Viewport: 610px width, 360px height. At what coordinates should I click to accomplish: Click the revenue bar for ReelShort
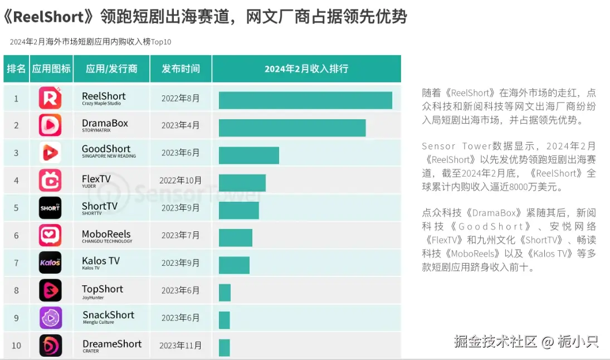[305, 100]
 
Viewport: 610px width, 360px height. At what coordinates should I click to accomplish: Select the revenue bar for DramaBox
[292, 128]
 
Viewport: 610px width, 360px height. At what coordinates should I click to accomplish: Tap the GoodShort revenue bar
[248, 155]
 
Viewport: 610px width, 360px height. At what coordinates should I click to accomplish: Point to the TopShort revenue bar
[225, 293]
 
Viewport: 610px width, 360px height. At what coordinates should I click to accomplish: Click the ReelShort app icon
[50, 99]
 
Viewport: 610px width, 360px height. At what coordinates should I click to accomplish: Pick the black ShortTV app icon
[50, 208]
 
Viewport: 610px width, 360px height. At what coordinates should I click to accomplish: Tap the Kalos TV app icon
[50, 262]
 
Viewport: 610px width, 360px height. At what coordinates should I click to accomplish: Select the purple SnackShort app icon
[50, 318]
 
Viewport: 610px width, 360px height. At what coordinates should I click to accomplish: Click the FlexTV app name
[96, 179]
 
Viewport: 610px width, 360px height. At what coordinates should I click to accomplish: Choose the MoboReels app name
[106, 234]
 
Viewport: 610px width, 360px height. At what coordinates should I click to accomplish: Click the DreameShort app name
[112, 344]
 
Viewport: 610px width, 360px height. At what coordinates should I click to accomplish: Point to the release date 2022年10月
[180, 181]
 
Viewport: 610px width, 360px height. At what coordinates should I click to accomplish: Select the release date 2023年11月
[180, 346]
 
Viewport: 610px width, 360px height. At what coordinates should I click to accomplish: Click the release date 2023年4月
[180, 125]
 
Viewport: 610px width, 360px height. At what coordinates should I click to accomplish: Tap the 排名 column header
[16, 69]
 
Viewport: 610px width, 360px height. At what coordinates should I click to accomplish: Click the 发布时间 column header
[180, 69]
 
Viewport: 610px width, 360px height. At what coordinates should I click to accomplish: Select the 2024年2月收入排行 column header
[306, 69]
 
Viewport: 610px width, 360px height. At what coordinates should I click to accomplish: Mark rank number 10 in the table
[16, 346]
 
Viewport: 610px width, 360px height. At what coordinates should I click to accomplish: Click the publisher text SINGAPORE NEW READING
[109, 157]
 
